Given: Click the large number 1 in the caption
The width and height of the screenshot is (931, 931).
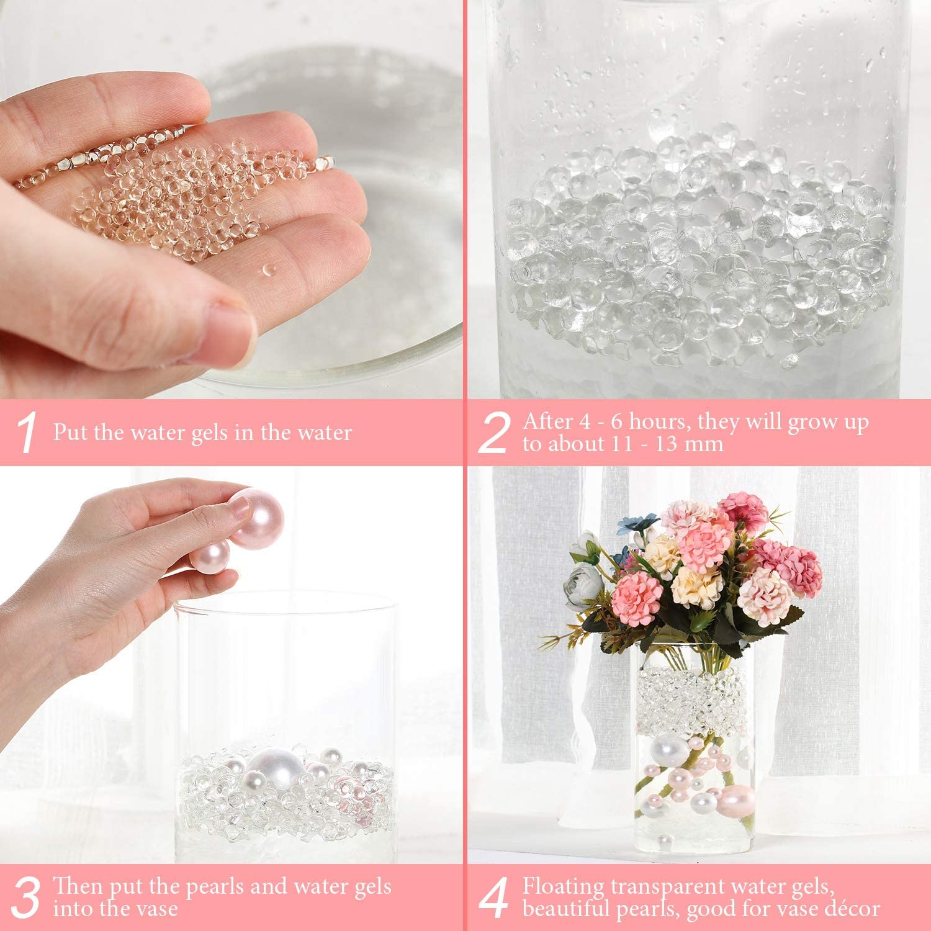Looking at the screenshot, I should point(27,433).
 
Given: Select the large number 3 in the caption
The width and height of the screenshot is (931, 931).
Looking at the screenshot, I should point(26,897).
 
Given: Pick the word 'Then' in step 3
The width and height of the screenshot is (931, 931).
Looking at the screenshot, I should point(79,886).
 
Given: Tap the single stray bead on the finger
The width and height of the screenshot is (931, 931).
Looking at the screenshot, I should point(269,269).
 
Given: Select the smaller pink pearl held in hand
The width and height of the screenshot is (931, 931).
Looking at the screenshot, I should point(210,554).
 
